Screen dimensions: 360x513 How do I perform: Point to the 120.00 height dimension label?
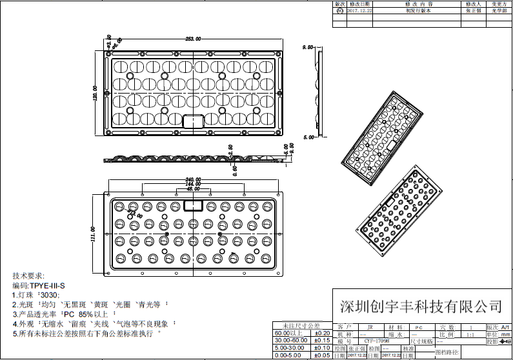click(x=95, y=94)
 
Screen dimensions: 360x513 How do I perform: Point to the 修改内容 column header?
click(x=417, y=5)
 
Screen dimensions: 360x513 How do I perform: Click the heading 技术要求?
click(x=28, y=275)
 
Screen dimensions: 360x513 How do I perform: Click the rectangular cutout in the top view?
click(x=194, y=121)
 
